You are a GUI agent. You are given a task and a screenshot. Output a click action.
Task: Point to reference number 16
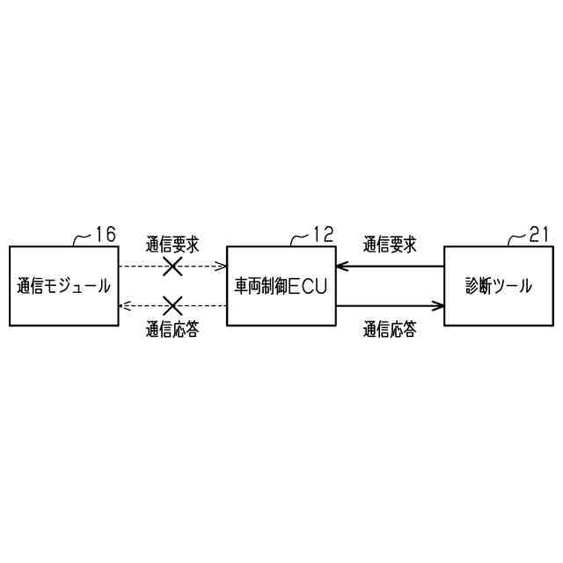coord(105,235)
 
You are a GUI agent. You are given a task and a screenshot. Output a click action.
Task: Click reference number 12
coord(323,235)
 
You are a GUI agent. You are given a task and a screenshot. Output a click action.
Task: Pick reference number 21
coord(540,235)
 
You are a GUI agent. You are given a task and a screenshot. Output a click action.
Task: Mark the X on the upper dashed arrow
coord(172,265)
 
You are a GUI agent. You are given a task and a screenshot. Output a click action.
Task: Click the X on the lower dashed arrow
coord(172,306)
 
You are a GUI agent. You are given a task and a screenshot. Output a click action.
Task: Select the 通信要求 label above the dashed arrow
coord(172,244)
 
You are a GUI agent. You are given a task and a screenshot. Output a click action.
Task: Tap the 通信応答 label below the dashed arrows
coord(172,331)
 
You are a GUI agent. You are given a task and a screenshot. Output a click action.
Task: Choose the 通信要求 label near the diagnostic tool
coord(390,244)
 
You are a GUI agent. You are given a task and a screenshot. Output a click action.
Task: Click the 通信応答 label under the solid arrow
coord(390,331)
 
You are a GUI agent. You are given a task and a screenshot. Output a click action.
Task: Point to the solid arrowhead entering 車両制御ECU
coord(342,265)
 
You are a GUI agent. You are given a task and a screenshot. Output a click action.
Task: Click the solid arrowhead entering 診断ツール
coord(438,306)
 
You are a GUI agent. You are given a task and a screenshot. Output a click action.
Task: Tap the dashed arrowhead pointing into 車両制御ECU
coord(222,265)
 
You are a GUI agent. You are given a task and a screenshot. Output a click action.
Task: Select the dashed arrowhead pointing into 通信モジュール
coord(124,306)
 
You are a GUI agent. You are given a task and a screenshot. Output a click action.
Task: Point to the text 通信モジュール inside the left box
coord(63,286)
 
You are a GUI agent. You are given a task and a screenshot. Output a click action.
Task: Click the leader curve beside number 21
coord(519,238)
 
